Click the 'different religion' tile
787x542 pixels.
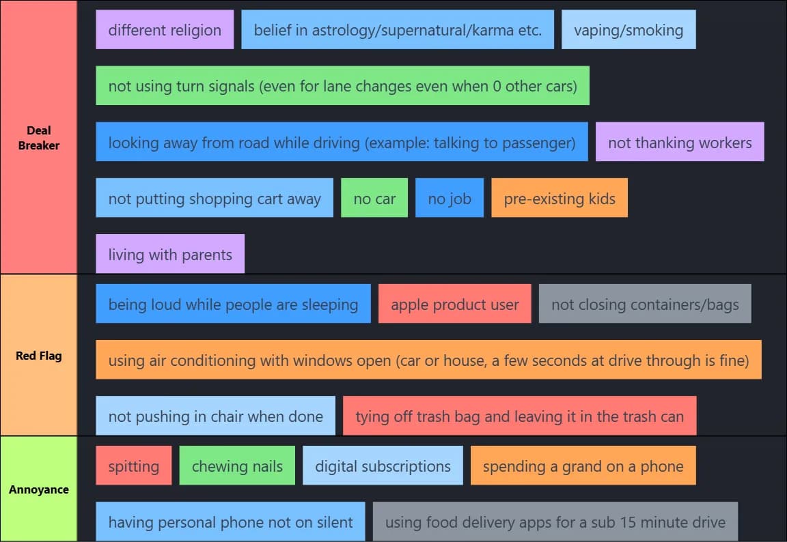165,30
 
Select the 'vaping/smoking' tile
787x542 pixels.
629,30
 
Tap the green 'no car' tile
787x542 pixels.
374,199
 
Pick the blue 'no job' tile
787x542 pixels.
450,199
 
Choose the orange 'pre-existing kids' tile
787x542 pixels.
560,199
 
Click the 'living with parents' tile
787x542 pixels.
170,255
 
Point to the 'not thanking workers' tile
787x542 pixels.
680,143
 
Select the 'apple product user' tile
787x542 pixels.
455,304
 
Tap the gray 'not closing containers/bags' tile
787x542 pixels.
645,304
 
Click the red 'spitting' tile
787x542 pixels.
134,466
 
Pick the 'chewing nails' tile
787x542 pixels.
237,466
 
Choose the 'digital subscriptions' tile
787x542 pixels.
383,466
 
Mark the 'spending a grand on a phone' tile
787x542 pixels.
583,466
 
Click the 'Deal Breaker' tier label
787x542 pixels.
39,137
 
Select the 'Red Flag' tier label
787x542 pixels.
39,355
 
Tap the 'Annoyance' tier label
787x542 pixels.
39,489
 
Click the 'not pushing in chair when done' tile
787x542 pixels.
216,416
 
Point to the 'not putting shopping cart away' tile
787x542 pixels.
215,199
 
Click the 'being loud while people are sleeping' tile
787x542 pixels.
233,304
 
